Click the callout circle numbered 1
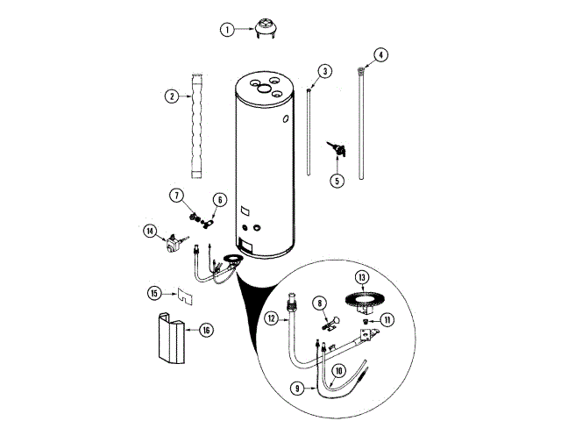pos(227,29)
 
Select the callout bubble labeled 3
pos(324,70)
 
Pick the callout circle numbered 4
pos(380,54)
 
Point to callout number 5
pos(337,182)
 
